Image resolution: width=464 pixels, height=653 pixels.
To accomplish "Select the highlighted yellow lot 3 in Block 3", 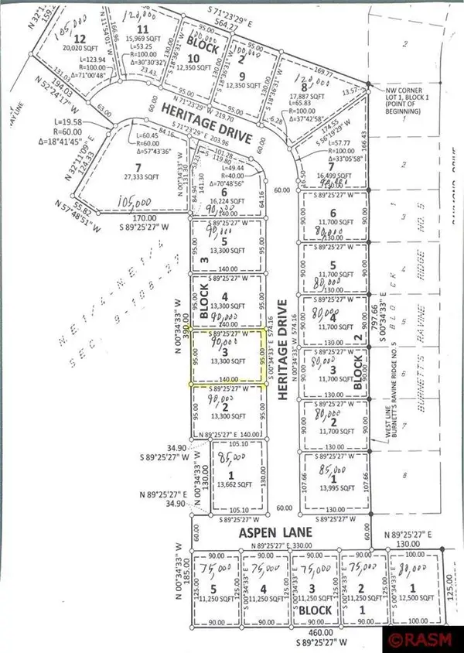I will point(230,357).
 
